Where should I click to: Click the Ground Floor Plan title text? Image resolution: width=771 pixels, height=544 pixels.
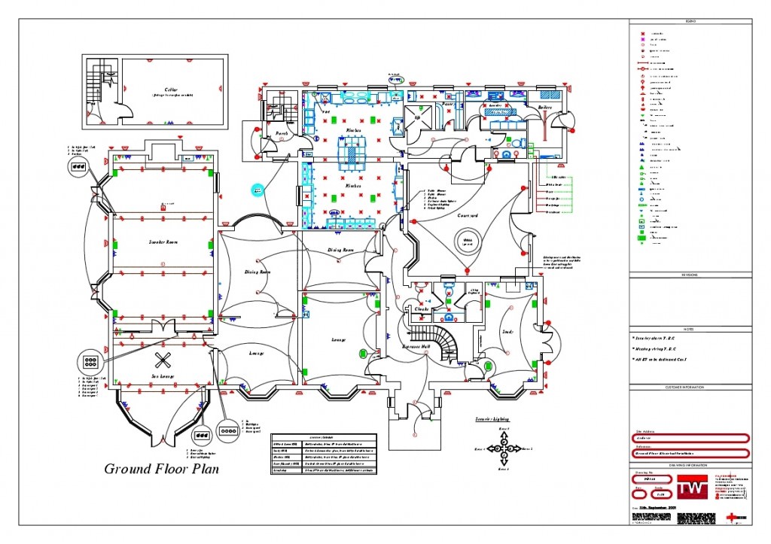(x=162, y=469)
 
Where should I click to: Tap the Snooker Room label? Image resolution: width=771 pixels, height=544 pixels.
(x=162, y=243)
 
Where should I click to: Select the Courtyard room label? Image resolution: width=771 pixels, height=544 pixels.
(x=468, y=215)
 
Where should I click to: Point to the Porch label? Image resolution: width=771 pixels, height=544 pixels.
(x=282, y=133)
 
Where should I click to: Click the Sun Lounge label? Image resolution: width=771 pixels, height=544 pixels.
(x=163, y=375)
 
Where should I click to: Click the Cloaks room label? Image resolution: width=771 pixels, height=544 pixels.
(x=421, y=308)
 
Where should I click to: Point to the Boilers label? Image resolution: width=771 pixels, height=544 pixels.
(x=545, y=108)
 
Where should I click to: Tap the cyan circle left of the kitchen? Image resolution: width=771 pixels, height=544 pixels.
(x=258, y=191)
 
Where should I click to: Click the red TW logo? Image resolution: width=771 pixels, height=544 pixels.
(x=690, y=487)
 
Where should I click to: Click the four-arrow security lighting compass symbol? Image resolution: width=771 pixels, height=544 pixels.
(x=502, y=448)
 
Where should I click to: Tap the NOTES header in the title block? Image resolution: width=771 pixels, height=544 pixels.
(x=690, y=329)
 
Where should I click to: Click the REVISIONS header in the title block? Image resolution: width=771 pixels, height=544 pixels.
(x=690, y=275)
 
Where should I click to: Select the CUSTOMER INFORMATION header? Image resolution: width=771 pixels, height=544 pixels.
(x=690, y=387)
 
